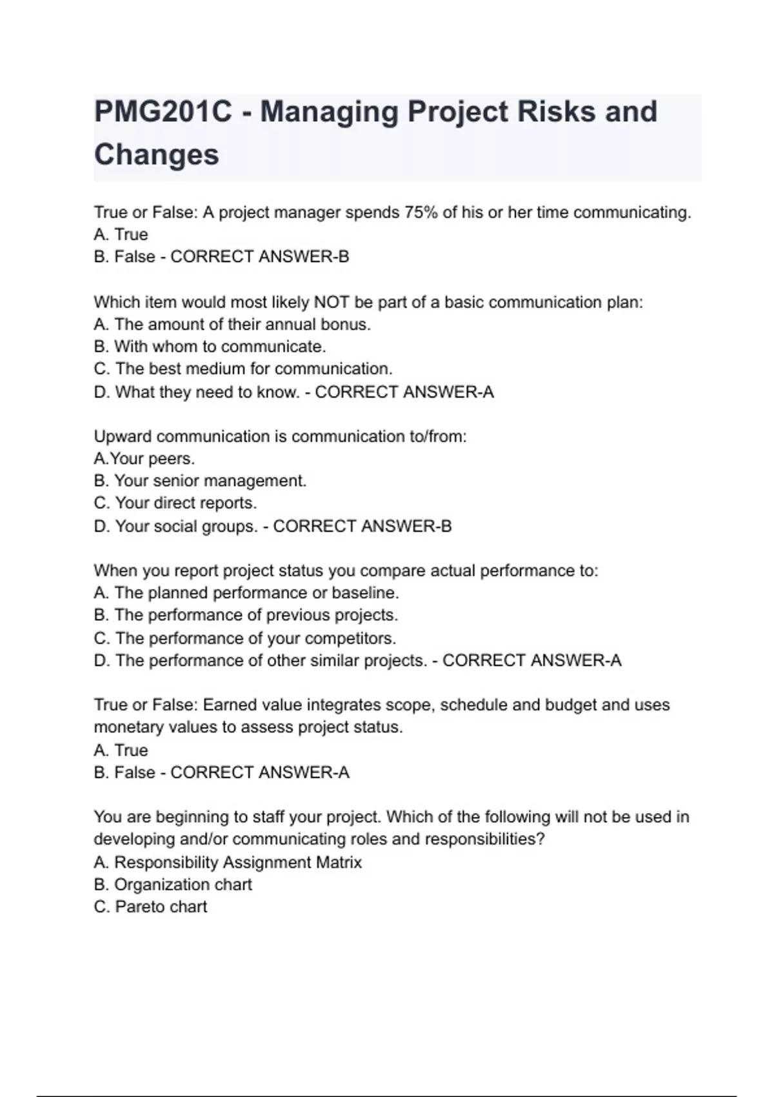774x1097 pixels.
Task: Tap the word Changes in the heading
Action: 157,155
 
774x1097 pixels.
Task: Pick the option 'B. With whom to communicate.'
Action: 210,347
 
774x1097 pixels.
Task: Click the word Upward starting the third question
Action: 123,436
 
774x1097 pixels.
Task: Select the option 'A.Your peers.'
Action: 144,459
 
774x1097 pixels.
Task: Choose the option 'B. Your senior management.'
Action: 200,481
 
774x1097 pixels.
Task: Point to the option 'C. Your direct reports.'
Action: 175,503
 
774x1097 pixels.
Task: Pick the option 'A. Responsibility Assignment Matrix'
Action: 228,862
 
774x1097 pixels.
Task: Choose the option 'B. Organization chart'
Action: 173,884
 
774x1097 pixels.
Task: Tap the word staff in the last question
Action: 268,817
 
